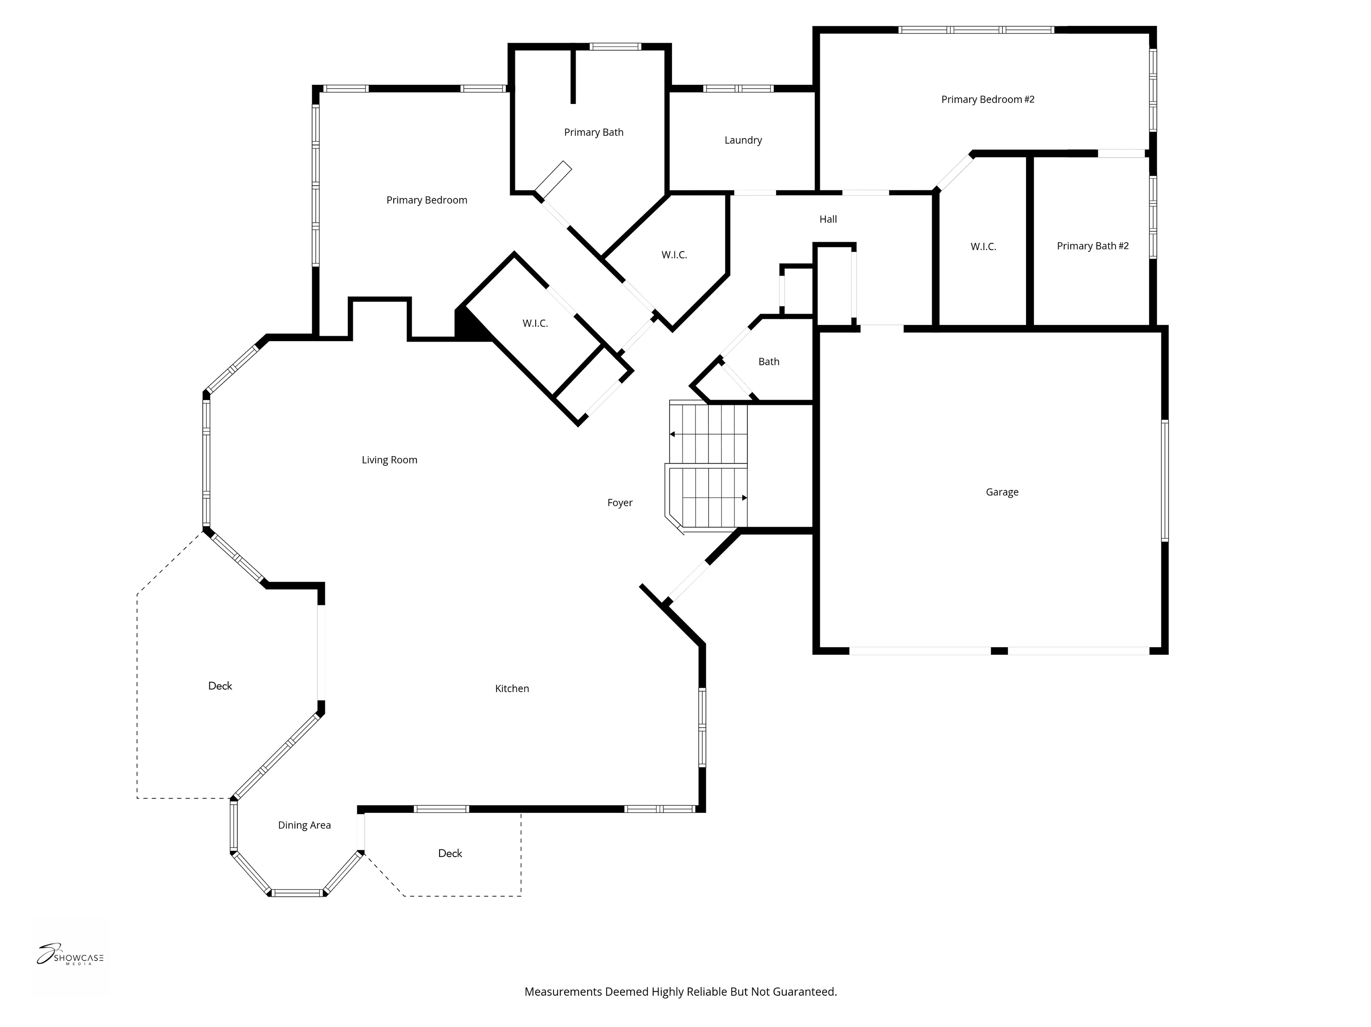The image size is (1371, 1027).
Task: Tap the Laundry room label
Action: [743, 140]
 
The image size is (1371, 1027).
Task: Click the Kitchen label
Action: [511, 688]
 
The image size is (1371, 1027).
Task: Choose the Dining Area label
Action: [304, 825]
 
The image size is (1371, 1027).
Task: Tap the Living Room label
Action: [389, 460]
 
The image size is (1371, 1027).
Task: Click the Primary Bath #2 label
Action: [1092, 246]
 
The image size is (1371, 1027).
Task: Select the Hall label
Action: [827, 219]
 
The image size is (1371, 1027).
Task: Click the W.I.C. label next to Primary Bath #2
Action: [983, 247]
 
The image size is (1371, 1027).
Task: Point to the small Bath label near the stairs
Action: [769, 361]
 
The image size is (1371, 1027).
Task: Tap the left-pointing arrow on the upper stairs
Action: [673, 434]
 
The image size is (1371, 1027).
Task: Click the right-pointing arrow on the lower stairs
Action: [744, 497]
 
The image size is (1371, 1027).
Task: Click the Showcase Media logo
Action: [70, 956]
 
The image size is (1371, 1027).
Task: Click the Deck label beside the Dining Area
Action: [449, 853]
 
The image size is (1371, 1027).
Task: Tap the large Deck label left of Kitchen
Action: [220, 686]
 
